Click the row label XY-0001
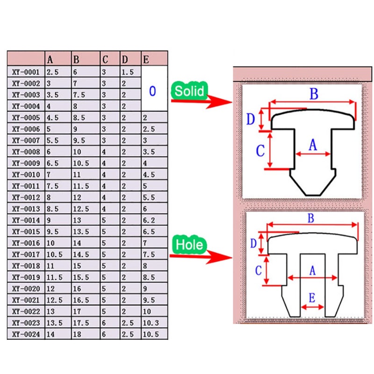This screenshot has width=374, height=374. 26,72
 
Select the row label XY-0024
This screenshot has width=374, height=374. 26,334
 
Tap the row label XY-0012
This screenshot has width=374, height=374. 26,197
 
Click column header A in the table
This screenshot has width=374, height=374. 50,59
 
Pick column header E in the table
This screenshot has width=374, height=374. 146,59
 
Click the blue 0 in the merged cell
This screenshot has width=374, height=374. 152,91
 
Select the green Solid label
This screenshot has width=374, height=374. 189,90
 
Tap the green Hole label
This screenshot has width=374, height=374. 189,245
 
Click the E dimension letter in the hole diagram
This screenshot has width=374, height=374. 312,297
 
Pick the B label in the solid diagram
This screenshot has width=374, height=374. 314,94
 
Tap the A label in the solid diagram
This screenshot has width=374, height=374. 313,145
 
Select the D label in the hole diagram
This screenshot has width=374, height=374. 254,244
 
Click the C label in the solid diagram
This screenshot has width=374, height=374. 260,150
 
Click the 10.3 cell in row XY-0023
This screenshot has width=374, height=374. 151,323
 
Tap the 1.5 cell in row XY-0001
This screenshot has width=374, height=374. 127,72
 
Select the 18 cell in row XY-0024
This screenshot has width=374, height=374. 78,334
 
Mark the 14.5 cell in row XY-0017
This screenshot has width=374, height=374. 81,254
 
